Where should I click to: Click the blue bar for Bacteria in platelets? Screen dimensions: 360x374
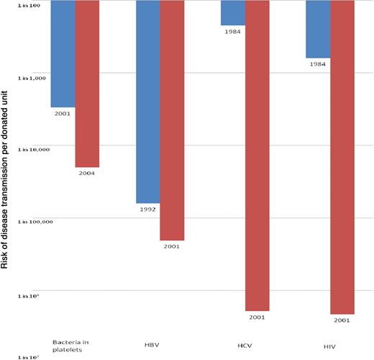click(63, 54)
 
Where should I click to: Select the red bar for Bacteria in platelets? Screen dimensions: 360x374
click(87, 84)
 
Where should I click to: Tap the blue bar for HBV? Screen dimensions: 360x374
click(148, 102)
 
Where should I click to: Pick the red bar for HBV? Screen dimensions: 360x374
click(172, 120)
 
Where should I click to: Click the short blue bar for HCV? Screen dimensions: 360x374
click(233, 14)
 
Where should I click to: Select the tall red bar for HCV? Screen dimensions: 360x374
click(257, 155)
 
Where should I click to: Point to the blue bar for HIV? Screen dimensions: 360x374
click(318, 30)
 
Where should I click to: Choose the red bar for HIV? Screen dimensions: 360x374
click(342, 157)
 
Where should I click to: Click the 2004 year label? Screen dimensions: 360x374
click(87, 173)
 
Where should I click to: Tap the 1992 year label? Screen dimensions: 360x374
click(148, 209)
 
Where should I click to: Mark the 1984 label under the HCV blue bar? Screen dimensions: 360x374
click(233, 31)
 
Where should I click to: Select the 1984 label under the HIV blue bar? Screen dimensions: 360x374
click(318, 63)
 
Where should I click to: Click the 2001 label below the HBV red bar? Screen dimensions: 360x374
click(172, 246)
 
